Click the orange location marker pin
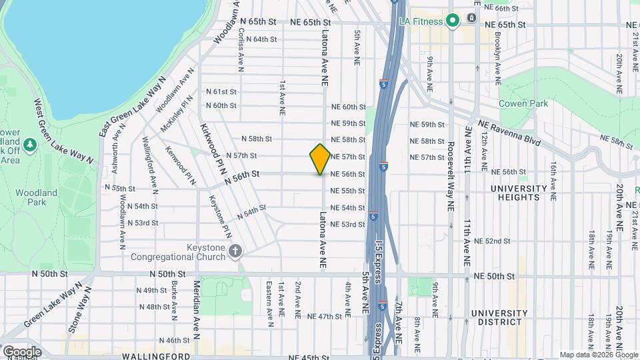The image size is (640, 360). point(320,159)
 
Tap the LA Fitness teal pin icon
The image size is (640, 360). point(453,21)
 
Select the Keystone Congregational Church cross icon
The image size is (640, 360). point(235,251)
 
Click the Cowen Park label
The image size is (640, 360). point(523,103)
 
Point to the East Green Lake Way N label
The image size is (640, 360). point(132,106)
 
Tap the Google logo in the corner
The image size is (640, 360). point(21,351)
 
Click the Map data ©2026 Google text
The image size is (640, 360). point(598,355)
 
